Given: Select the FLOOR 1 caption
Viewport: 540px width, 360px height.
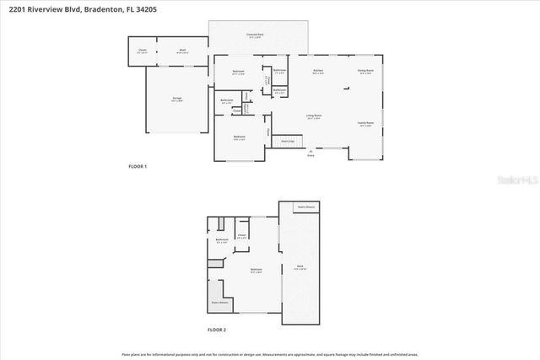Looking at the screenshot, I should click(138, 166).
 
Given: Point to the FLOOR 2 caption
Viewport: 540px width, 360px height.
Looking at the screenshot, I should click(217, 330).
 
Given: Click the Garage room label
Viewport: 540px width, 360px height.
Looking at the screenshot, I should click(177, 99).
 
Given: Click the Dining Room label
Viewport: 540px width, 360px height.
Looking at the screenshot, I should click(364, 71).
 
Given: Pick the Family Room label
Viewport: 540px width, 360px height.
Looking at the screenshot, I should click(365, 123).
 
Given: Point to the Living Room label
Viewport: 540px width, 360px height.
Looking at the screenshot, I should click(313, 116).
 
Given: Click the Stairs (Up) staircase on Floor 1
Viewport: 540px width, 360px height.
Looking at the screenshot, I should click(287, 141).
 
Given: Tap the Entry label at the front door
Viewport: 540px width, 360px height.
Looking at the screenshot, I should click(310, 155).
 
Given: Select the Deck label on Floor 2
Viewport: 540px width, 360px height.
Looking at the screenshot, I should click(300, 266).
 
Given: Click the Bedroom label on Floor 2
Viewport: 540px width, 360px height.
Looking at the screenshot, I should click(255, 270).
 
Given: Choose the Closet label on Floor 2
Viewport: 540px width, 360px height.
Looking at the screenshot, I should click(241, 235).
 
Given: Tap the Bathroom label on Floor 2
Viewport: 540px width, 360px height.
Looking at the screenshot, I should click(221, 241).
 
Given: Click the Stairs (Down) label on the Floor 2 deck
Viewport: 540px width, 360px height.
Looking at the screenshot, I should click(305, 206).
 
